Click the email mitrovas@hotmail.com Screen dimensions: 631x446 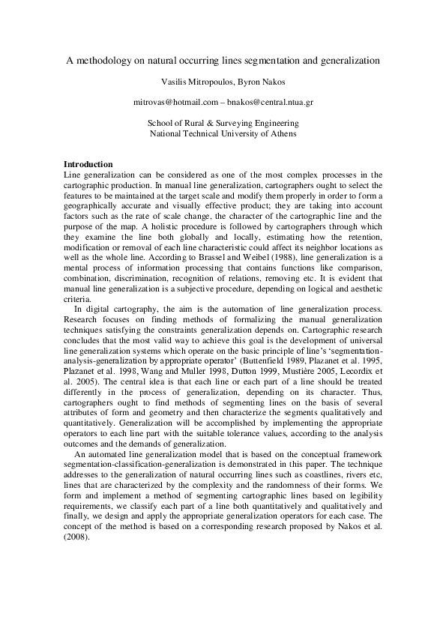tap(175, 100)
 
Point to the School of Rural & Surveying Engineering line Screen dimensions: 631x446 tap(223, 122)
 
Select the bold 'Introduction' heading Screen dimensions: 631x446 tap(88, 164)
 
